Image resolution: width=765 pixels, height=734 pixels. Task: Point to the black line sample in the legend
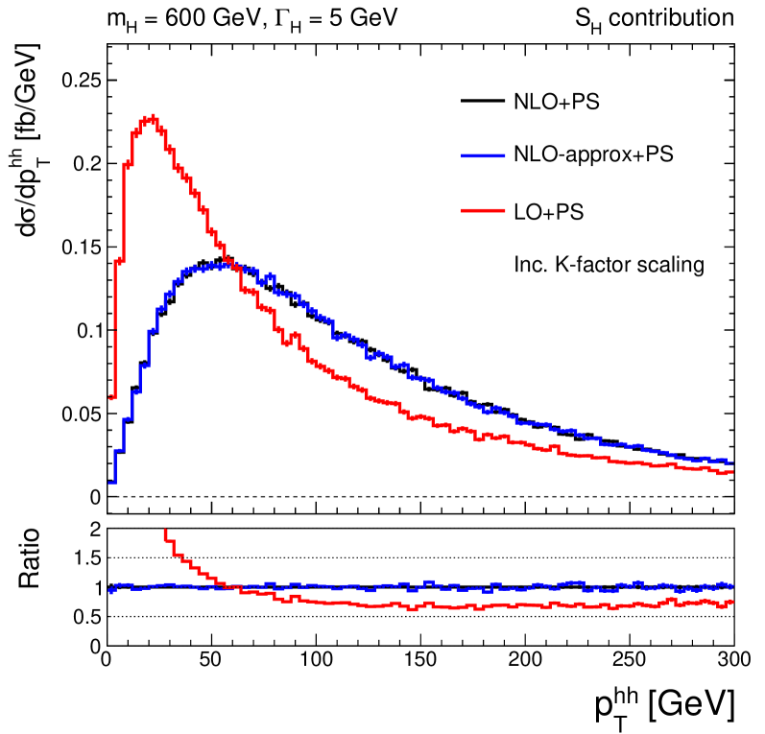tap(483, 100)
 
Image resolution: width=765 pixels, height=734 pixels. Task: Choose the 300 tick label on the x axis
tap(732, 661)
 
